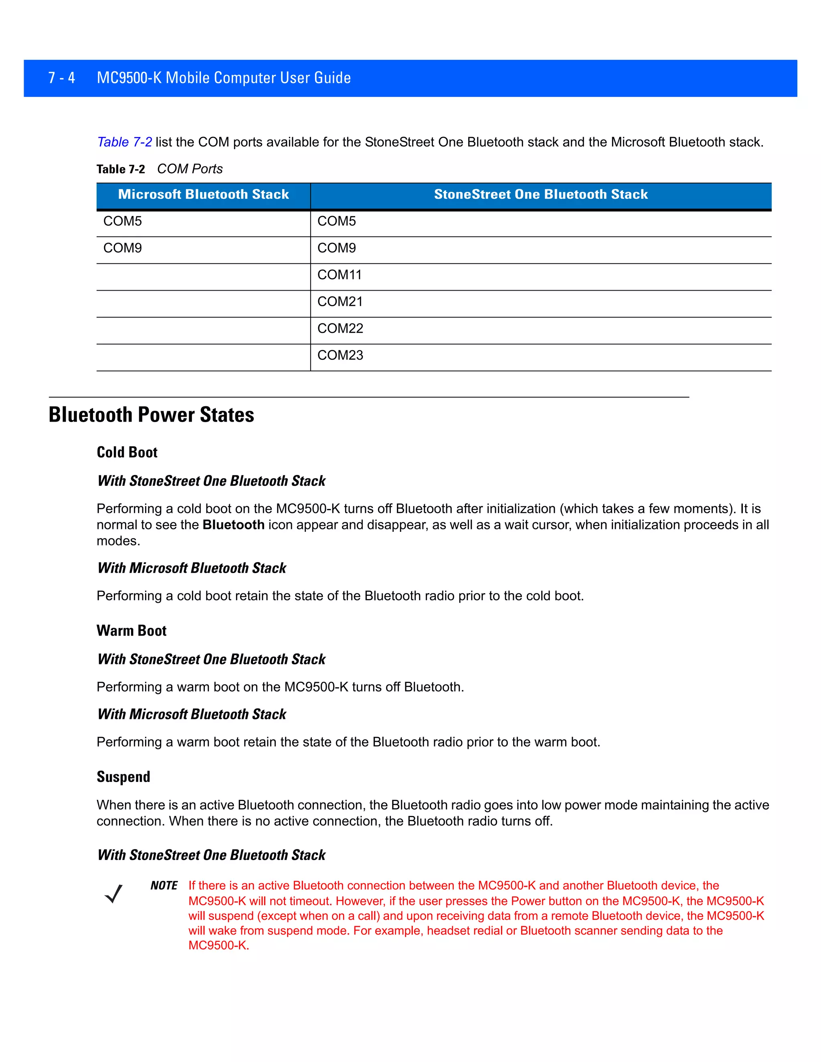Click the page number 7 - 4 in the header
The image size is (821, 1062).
point(61,78)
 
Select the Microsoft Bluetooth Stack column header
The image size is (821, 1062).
point(203,194)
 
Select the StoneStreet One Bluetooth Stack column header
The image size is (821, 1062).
point(540,194)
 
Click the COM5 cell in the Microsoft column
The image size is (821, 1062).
point(123,221)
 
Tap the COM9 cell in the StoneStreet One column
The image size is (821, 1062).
point(337,248)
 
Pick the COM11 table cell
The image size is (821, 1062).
point(340,275)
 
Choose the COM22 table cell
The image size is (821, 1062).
point(340,328)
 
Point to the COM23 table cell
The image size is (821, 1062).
point(340,355)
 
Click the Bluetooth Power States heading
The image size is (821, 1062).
point(151,415)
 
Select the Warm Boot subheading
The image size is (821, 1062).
point(131,631)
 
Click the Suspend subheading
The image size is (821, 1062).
point(123,777)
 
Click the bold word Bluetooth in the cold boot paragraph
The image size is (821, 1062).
point(233,525)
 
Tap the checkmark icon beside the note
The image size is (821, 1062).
point(113,894)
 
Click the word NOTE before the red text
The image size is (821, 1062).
point(164,886)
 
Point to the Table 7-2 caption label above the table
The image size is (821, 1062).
point(121,169)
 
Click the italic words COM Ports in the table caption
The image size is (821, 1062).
point(190,169)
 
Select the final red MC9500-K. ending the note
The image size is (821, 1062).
point(219,945)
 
